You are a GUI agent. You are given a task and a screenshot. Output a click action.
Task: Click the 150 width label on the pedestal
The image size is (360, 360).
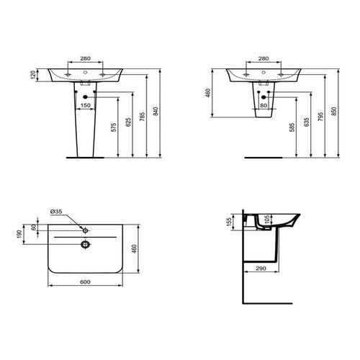click(x=86, y=106)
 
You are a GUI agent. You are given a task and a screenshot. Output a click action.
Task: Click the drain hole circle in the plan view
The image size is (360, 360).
click(x=85, y=244)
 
